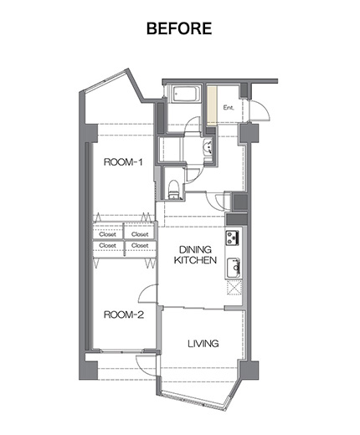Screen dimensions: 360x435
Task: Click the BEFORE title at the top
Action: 179,28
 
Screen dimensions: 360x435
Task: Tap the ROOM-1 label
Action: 123,162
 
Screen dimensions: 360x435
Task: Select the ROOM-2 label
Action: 124,315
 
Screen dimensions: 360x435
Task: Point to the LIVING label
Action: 203,344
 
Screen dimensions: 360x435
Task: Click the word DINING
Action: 195,249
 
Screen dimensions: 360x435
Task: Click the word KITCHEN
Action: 195,260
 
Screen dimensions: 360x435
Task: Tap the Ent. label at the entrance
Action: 229,108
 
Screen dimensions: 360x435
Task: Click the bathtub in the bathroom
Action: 187,95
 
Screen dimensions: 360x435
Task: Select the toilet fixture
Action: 174,190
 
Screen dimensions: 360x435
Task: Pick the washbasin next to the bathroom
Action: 208,147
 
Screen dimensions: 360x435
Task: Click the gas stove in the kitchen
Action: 233,238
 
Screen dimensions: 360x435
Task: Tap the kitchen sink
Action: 233,268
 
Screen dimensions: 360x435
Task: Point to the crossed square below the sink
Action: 234,288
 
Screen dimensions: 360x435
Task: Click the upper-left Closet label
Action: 107,234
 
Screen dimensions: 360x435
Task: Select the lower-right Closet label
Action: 140,245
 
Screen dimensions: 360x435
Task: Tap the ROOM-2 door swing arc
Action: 144,290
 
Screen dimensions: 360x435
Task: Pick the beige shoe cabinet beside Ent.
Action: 212,104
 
